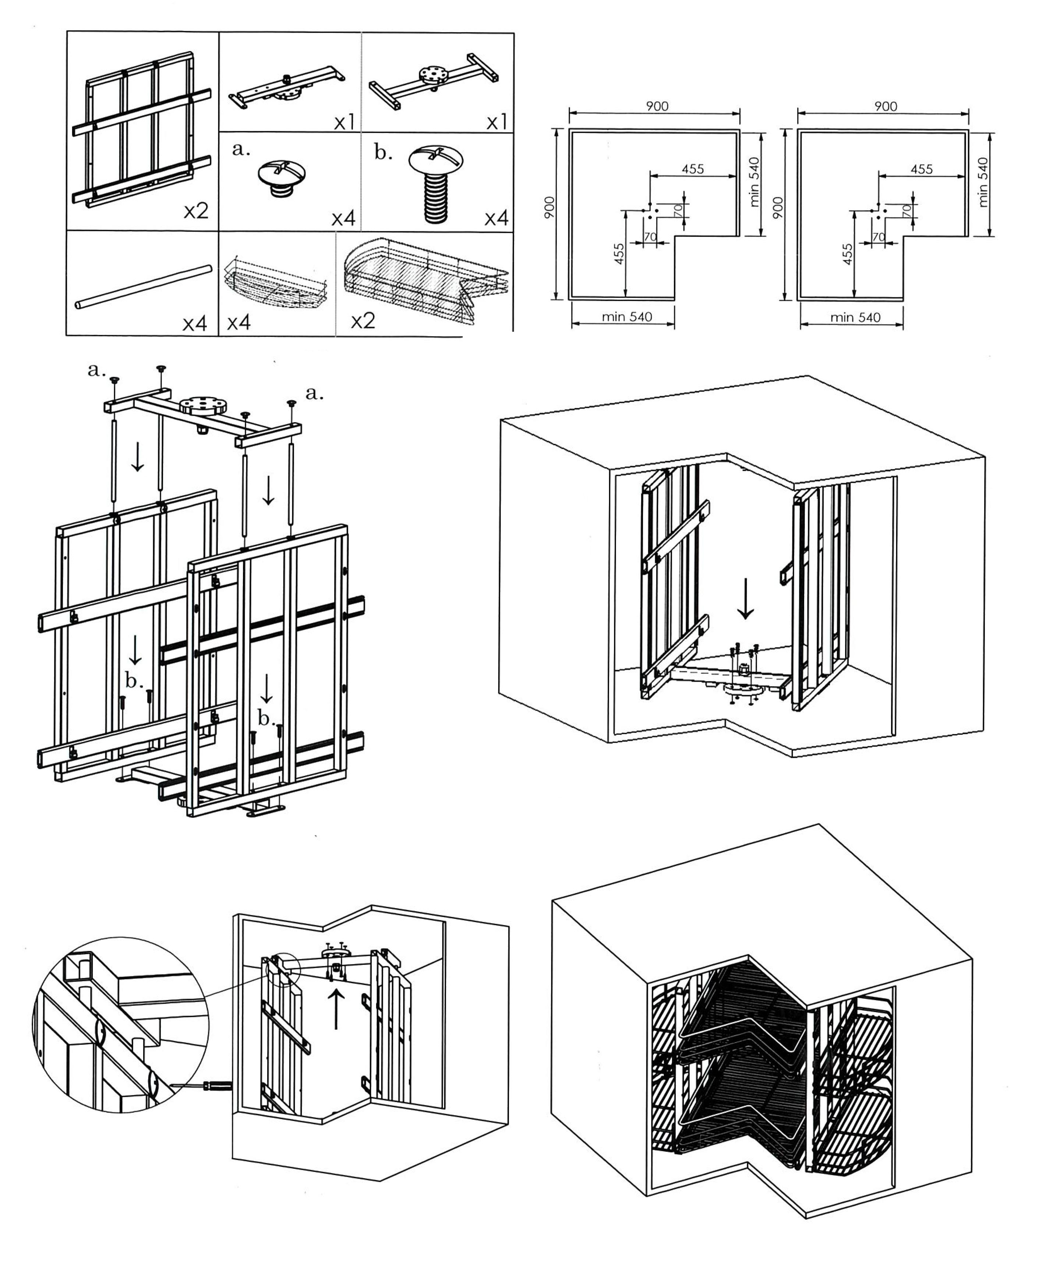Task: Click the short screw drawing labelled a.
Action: (x=281, y=179)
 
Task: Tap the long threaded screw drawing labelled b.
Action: (x=436, y=184)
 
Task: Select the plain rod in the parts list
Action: (x=144, y=286)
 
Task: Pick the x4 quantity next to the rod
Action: (x=195, y=324)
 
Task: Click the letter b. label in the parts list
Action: (x=383, y=152)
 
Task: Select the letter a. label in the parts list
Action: (x=241, y=149)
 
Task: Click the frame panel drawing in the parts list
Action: (x=142, y=130)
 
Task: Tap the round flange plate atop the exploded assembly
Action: (x=203, y=404)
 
